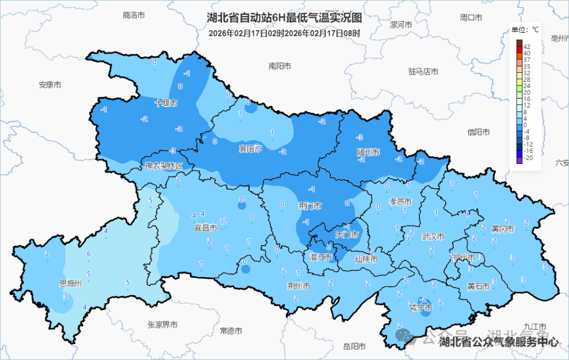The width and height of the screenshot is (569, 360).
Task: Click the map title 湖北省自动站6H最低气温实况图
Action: coord(284,18)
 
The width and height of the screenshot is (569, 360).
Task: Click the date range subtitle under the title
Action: coord(284,33)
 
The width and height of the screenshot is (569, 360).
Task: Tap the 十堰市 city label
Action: coord(166,103)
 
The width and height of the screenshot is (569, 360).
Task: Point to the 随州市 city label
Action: coord(368,152)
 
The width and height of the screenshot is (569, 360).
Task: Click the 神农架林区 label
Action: coord(164,166)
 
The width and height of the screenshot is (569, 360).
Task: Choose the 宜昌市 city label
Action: coord(205,228)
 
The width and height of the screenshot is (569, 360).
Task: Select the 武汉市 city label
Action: coord(433,237)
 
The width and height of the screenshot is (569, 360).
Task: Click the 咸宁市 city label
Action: coord(421,308)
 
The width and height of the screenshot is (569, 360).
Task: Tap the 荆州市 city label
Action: coord(299,286)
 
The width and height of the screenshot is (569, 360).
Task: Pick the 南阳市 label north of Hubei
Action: coord(280,66)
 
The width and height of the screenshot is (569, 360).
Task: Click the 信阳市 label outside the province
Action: coord(478,132)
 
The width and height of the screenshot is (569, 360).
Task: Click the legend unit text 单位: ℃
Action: coord(525,30)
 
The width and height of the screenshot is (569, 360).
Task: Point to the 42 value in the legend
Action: coord(527,47)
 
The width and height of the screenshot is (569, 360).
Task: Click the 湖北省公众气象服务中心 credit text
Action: coord(498,342)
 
